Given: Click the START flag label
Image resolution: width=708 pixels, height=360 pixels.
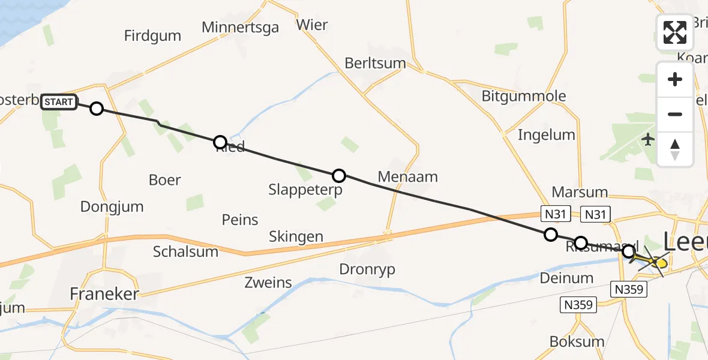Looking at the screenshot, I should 59,102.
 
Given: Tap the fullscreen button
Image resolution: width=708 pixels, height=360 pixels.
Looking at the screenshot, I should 675,32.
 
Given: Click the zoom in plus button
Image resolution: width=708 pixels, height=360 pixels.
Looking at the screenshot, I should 675,79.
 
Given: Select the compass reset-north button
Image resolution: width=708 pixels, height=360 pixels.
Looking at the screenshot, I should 675,149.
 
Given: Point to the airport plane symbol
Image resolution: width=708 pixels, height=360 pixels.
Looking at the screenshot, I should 648,140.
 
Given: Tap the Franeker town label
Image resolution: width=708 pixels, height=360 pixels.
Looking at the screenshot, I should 104,294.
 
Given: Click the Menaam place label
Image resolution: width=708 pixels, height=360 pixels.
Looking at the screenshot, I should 408,177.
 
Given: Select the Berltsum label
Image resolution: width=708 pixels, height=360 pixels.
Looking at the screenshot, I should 375,63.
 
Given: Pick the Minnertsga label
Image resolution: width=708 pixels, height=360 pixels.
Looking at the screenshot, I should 240,27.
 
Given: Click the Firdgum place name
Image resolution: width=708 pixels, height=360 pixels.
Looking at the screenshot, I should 152,35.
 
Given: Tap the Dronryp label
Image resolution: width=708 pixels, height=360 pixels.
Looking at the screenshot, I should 367,269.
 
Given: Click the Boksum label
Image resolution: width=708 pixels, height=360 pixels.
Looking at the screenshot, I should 577,341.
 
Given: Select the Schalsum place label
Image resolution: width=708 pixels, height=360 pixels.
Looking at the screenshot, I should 185,251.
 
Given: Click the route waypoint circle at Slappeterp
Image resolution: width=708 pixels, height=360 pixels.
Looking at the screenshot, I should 339,176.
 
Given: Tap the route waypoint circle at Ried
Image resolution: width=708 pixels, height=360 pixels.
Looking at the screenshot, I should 220,142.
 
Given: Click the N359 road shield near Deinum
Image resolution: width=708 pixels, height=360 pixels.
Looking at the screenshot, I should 578,305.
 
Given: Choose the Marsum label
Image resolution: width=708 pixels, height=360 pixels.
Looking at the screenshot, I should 579,193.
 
